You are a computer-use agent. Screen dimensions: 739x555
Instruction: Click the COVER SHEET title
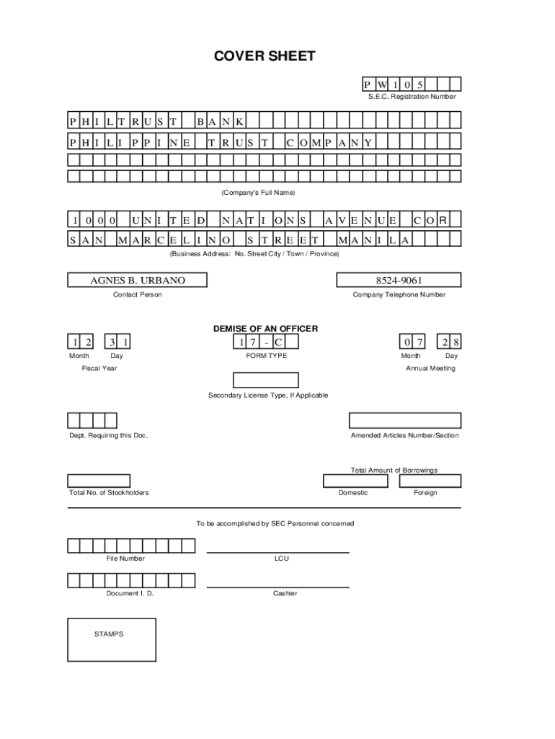(x=265, y=56)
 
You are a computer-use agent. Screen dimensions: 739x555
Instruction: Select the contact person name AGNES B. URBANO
(x=137, y=280)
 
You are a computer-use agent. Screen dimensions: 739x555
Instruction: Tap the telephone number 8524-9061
(x=399, y=280)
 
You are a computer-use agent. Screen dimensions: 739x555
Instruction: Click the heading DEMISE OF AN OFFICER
(x=265, y=328)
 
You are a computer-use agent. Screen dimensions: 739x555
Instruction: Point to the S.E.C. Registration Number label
(x=408, y=97)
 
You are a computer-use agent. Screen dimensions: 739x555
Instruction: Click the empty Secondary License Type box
(x=265, y=380)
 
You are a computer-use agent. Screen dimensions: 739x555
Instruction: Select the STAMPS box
(x=112, y=639)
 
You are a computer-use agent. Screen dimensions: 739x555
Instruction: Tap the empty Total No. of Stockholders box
(x=99, y=481)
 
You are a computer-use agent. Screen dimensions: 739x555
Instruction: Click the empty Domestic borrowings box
(x=355, y=481)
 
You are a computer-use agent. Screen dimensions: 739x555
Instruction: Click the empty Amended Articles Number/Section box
(x=405, y=420)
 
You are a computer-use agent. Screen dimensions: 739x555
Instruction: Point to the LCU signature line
(x=278, y=552)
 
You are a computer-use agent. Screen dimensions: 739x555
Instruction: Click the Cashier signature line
(x=278, y=587)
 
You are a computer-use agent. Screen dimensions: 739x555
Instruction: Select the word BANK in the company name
(x=221, y=119)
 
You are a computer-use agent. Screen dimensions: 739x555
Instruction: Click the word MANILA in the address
(x=374, y=240)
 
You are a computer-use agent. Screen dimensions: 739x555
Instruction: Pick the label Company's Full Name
(x=258, y=193)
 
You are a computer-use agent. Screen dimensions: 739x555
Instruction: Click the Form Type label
(x=266, y=356)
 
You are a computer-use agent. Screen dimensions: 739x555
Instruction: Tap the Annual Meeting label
(x=430, y=368)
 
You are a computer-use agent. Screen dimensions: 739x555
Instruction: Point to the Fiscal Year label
(x=99, y=368)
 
